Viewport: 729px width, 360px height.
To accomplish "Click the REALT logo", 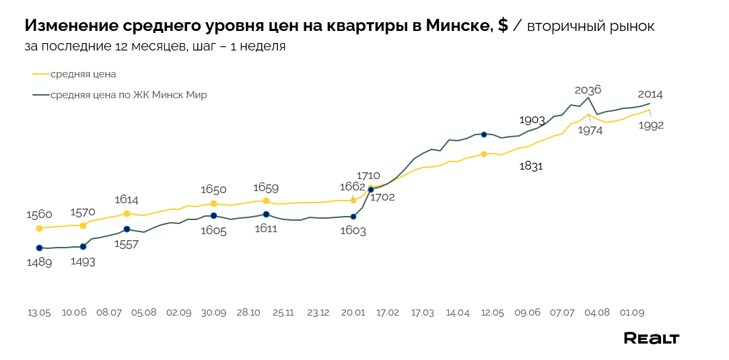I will tap(651, 338).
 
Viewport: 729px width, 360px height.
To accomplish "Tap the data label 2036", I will tap(588, 89).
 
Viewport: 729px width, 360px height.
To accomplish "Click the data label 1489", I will tap(39, 262).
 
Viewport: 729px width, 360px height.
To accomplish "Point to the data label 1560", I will tap(39, 215).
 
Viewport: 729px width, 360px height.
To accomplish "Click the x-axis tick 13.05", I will tap(39, 313).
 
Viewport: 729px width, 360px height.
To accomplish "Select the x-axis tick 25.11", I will tap(283, 313).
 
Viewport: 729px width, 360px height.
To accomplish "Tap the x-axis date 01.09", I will tap(632, 313).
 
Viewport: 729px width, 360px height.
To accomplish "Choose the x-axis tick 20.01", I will tap(353, 313).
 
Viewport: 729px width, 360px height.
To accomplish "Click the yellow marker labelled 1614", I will tap(127, 213).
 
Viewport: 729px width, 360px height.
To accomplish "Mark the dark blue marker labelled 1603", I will tap(353, 217).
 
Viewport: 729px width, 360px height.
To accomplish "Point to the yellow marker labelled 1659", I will tap(266, 201).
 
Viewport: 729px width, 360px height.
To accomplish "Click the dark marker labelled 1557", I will tap(127, 229).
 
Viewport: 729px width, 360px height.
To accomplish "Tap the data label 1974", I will tap(590, 131).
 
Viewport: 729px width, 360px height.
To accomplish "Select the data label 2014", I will tap(650, 95).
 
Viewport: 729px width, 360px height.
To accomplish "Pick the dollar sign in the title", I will tap(503, 26).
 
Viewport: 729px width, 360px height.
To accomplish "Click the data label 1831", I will tap(531, 166).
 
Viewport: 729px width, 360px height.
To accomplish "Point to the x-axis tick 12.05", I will tap(492, 313).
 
